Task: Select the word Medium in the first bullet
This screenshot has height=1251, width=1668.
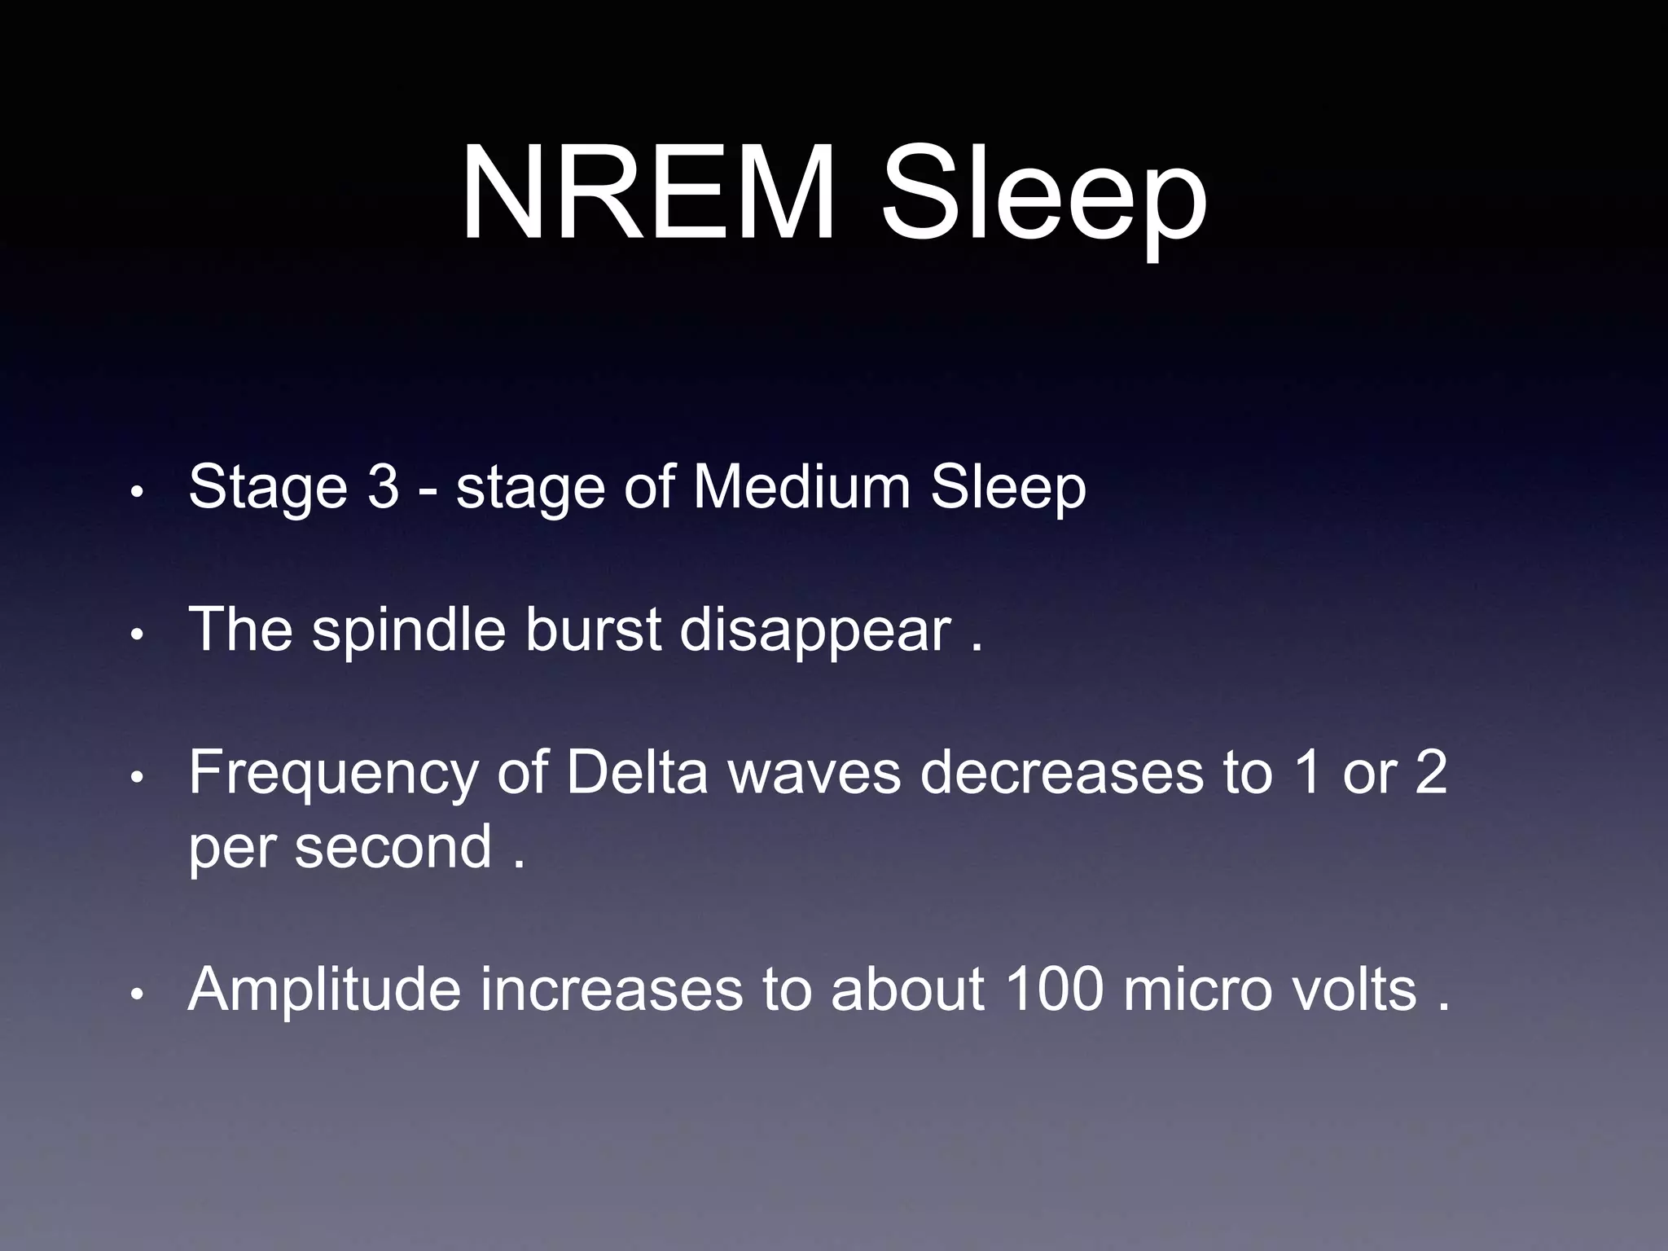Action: tap(801, 487)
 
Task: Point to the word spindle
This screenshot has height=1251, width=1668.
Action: tap(409, 632)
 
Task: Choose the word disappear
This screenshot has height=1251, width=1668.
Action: tap(814, 632)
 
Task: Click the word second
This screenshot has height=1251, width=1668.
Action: tap(393, 847)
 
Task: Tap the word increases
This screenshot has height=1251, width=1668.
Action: tap(611, 990)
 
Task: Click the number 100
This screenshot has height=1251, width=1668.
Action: tap(1055, 990)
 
